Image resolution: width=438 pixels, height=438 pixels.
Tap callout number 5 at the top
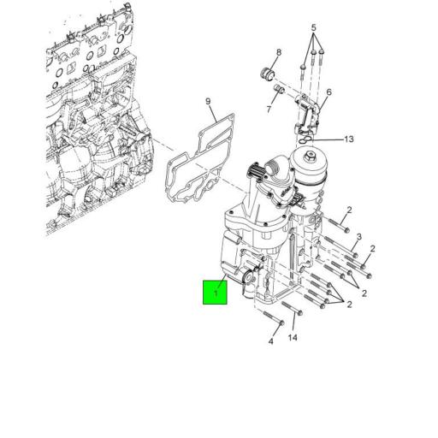point(314,27)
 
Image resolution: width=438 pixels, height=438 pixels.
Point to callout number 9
point(207,104)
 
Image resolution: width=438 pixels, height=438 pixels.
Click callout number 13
point(348,139)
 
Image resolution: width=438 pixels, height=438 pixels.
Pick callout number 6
point(328,92)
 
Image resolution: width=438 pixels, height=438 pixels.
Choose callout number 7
point(268,109)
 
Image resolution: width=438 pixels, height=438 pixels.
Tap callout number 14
point(293,338)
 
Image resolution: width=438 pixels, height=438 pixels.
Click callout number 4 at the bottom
point(269,342)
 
